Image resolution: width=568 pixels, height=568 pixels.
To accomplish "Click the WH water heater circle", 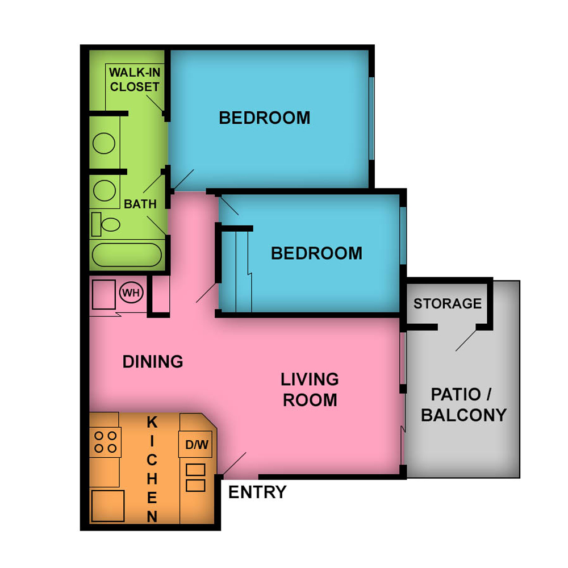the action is tap(131, 293).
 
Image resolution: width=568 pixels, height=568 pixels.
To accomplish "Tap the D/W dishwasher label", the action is tap(197, 445).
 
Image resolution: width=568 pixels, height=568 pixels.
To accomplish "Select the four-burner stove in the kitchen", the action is tap(105, 442).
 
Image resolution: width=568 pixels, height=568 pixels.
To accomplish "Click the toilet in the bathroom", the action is tap(106, 224).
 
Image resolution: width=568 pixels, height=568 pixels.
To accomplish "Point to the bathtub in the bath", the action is tap(127, 254).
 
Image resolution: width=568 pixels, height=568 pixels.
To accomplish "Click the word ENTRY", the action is tap(257, 492).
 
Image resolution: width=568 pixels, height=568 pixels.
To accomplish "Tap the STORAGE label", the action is tap(448, 303).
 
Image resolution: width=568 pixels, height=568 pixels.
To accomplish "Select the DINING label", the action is tap(153, 361).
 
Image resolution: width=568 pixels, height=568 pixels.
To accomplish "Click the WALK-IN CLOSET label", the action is tap(135, 80).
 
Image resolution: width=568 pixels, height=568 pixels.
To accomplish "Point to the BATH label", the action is tap(140, 204).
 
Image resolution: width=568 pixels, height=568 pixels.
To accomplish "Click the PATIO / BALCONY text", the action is tap(463, 404).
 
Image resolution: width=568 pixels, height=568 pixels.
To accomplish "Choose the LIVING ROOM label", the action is tap(310, 390).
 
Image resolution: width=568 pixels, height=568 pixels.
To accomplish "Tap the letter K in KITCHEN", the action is tap(152, 423).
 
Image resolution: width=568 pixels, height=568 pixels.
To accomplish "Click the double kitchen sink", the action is tap(195, 478).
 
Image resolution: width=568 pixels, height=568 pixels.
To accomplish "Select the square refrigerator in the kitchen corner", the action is tap(108, 506).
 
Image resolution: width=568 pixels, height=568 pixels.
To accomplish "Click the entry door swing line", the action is tap(234, 463).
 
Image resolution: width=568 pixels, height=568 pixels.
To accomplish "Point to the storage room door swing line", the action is tap(466, 340).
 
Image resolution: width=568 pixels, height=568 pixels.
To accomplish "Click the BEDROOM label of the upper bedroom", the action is tap(265, 118).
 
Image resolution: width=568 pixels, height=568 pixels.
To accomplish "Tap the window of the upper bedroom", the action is tap(371, 118).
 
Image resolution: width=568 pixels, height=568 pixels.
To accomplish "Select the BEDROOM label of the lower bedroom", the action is tap(316, 253).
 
